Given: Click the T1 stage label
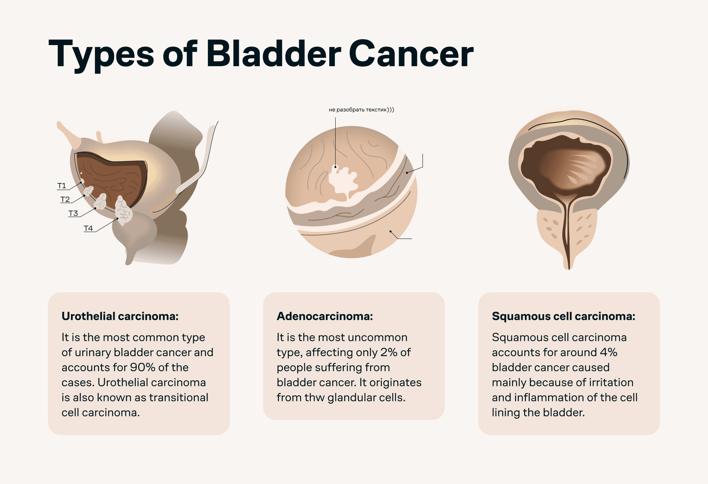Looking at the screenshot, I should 62,186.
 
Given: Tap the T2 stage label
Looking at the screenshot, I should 65,199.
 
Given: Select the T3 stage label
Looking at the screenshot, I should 73,213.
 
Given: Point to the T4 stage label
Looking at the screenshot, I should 88,228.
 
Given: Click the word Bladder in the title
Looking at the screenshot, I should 274,53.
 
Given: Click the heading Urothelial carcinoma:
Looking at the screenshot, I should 120,316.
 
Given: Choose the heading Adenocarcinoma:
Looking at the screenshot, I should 325,316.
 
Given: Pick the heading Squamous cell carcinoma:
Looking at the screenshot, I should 563,316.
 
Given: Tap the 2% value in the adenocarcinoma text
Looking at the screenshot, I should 389,352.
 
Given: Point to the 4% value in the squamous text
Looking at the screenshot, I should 609,352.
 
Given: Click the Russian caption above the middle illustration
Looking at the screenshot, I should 361,110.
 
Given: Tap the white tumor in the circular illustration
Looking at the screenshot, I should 343,181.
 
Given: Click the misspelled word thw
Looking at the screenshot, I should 315,397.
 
